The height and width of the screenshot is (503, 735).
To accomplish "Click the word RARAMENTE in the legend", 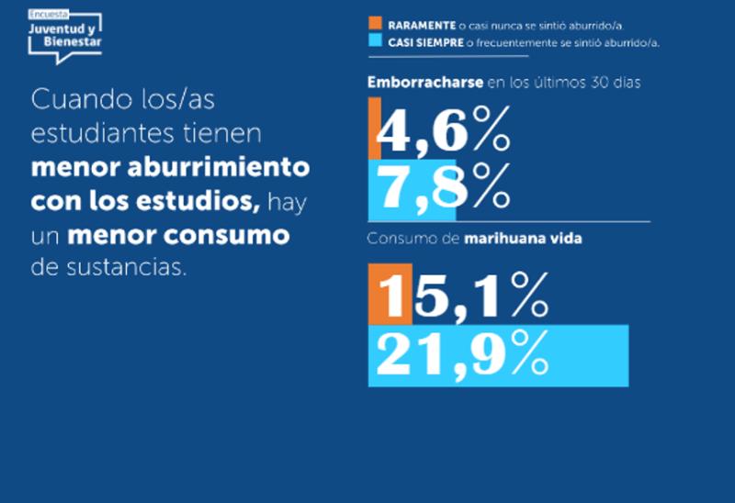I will pos(420,25).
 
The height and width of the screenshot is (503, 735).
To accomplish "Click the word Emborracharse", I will pos(424,83).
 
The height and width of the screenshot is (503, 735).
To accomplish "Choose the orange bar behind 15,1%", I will pos(389,295).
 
